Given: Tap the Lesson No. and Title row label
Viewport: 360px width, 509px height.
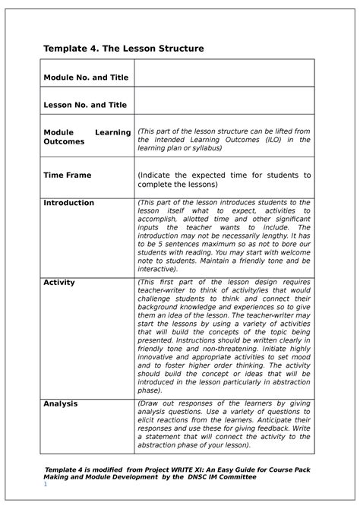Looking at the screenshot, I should pyautogui.click(x=84, y=105).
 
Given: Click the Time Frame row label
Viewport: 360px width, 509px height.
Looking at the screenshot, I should pyautogui.click(x=67, y=175).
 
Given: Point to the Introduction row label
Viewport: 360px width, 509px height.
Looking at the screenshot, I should pyautogui.click(x=68, y=203).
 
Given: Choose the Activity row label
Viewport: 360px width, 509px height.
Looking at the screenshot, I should pyautogui.click(x=58, y=282).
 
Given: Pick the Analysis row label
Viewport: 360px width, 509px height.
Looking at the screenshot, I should pyautogui.click(x=60, y=403).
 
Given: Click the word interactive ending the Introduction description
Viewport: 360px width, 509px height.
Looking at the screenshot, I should pyautogui.click(x=156, y=268).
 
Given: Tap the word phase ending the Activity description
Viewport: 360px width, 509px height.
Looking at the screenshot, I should pyautogui.click(x=149, y=390).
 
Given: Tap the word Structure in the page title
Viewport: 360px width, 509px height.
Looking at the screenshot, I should pyautogui.click(x=177, y=49).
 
